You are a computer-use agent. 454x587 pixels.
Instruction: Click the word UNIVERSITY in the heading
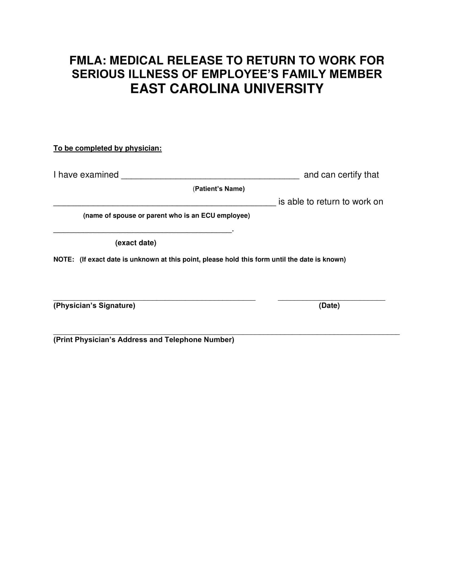[x=283, y=89]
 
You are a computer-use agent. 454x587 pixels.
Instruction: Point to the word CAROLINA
[x=204, y=89]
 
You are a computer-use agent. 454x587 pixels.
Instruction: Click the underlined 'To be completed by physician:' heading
[x=108, y=148]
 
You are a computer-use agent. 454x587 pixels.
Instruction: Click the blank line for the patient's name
[x=210, y=177]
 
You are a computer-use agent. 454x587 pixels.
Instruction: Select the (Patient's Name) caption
[x=219, y=189]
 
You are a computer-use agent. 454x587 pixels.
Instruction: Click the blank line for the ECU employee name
[x=165, y=205]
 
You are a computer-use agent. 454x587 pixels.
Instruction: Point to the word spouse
[x=124, y=216]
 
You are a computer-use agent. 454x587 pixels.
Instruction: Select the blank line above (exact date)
[x=143, y=231]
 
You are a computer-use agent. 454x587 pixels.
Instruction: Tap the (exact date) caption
[x=136, y=243]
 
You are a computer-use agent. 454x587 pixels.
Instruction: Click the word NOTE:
[x=64, y=260]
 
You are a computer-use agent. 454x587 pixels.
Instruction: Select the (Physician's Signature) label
[x=94, y=306]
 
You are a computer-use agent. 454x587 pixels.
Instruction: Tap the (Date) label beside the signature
[x=329, y=306]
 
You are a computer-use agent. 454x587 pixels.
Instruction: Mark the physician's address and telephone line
[x=226, y=334]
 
